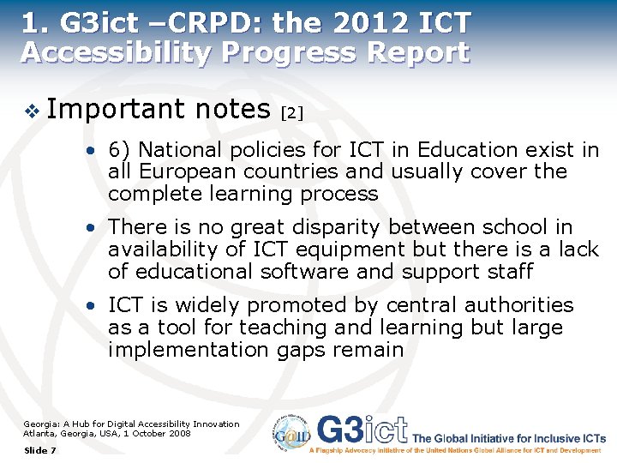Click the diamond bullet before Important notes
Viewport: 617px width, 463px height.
[32, 110]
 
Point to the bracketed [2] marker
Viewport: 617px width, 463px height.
[292, 112]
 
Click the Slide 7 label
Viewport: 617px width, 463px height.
[40, 450]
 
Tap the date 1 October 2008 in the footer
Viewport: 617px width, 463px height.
[156, 433]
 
